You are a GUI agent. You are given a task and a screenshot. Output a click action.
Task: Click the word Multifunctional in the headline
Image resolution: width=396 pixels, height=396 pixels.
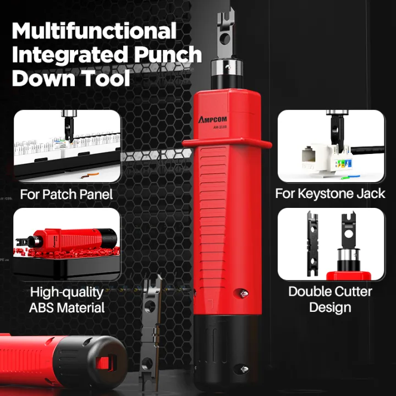pyautogui.click(x=94, y=31)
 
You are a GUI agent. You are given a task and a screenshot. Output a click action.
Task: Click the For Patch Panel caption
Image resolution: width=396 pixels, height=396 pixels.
pyautogui.click(x=66, y=194)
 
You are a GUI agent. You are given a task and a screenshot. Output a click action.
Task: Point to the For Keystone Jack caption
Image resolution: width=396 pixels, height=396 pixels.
pyautogui.click(x=330, y=194)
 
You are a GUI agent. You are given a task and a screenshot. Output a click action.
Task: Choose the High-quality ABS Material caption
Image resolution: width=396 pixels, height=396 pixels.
pyautogui.click(x=67, y=300)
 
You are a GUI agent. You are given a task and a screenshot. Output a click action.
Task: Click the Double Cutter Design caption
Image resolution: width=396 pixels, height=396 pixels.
pyautogui.click(x=330, y=299)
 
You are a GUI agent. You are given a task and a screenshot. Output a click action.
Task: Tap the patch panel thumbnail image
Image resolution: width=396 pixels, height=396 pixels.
pyautogui.click(x=67, y=146)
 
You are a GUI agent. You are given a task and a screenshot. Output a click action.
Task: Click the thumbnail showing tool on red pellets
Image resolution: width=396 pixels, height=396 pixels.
pyautogui.click(x=67, y=244)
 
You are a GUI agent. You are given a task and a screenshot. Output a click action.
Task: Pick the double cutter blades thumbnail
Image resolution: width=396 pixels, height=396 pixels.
pyautogui.click(x=331, y=244)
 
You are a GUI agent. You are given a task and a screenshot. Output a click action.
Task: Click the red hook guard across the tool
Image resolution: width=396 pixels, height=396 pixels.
pyautogui.click(x=227, y=145)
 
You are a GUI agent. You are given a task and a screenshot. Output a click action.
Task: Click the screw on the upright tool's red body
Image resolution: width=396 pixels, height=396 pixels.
pyautogui.click(x=238, y=293)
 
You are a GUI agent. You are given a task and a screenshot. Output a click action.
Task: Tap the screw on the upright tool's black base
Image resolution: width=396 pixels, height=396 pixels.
pyautogui.click(x=237, y=369)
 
